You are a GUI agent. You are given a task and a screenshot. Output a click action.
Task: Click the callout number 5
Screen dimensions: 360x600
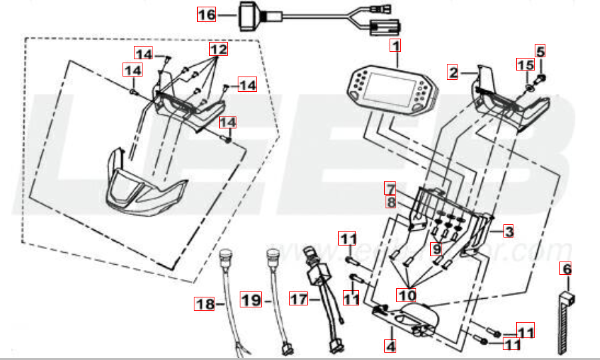[540, 51]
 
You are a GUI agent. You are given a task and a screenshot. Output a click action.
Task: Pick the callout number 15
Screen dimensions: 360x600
[525, 65]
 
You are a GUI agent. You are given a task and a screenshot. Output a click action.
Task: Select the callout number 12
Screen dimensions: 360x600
[218, 50]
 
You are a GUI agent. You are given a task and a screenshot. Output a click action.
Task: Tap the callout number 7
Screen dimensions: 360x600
[390, 188]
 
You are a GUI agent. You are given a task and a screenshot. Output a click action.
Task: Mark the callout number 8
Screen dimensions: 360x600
[390, 200]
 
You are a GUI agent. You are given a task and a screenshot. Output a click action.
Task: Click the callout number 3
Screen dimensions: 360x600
[508, 232]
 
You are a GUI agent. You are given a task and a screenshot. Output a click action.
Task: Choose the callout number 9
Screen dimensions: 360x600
[437, 250]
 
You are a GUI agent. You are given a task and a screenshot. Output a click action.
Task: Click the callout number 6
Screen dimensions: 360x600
[566, 270]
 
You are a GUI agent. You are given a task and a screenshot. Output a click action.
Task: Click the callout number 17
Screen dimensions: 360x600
[297, 300]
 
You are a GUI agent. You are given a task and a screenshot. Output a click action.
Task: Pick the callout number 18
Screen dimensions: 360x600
[203, 305]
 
